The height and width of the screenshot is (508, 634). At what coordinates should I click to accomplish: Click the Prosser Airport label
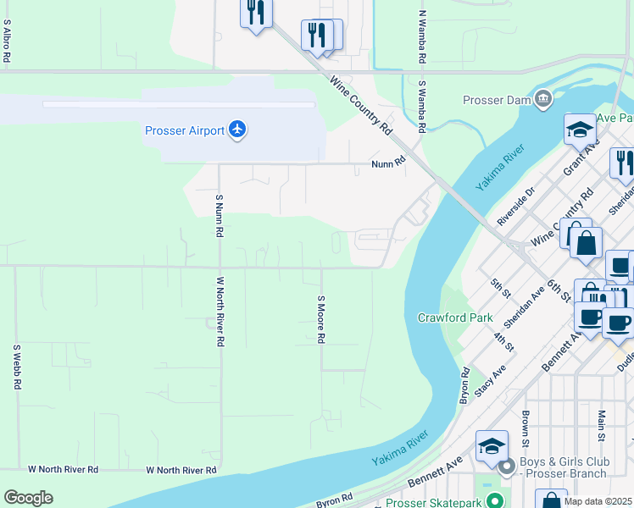tap(184, 130)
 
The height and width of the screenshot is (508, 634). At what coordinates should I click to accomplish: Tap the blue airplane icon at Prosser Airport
tap(237, 130)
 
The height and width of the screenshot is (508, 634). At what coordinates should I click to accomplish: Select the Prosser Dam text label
tap(496, 100)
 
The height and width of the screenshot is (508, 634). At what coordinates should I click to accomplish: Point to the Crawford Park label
tap(455, 318)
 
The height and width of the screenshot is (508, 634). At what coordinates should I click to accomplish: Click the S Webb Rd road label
tap(16, 367)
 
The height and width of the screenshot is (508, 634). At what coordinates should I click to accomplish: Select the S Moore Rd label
tap(321, 319)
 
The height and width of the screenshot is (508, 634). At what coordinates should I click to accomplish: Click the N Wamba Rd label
tap(421, 38)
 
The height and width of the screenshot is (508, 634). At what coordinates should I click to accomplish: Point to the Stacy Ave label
tap(490, 378)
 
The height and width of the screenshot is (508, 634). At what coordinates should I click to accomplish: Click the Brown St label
tap(526, 429)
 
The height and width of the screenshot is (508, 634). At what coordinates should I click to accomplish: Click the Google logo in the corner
tap(28, 498)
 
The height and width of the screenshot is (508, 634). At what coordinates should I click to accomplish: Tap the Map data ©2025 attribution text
tap(598, 501)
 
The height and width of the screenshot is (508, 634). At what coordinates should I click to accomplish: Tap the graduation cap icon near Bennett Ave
tap(492, 445)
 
